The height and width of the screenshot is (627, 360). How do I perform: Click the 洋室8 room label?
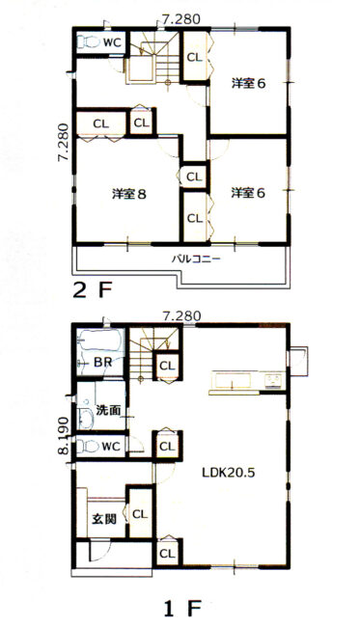tap(128, 194)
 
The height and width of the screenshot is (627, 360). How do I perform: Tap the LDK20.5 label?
tap(229, 473)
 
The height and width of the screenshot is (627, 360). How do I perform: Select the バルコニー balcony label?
tap(196, 259)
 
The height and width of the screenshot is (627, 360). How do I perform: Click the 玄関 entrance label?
tap(104, 519)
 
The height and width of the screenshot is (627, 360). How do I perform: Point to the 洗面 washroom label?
tap(109, 410)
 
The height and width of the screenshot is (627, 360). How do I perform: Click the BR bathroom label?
tap(103, 363)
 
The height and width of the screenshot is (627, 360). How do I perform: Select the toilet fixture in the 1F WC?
tap(87, 447)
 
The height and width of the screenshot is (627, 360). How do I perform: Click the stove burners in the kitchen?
tap(274, 379)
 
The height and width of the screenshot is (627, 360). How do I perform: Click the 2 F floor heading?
tap(92, 290)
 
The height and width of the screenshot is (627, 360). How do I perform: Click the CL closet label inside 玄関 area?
tap(140, 514)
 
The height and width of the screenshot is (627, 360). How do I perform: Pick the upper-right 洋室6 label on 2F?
tap(248, 84)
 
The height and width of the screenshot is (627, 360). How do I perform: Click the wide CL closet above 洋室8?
tap(101, 124)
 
